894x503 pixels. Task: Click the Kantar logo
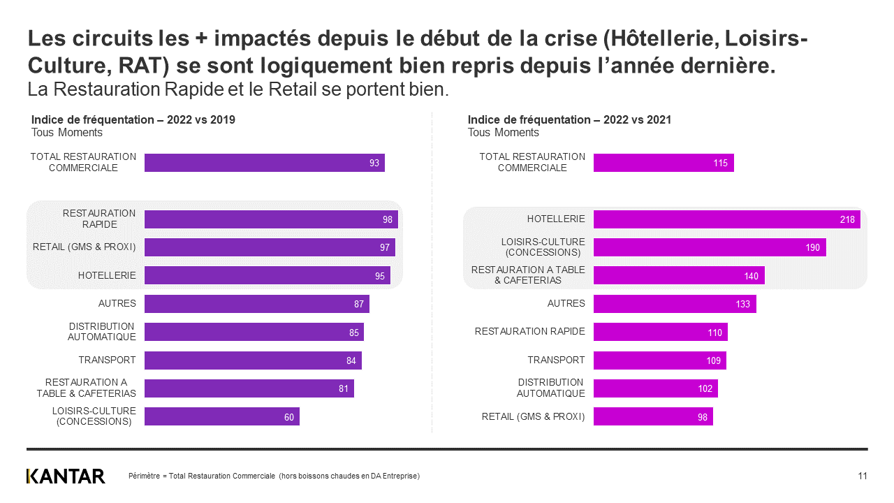point(66,476)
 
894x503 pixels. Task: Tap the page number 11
point(863,476)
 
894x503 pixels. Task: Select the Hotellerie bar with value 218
point(726,219)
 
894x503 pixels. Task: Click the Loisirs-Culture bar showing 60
point(221,416)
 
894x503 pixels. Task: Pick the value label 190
point(812,247)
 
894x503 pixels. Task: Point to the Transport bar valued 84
point(253,360)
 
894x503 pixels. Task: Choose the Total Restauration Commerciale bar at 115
point(663,163)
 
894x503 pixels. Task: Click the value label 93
point(374,163)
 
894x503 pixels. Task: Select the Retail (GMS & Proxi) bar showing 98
point(652,417)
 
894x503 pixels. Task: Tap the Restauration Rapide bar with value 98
point(270,219)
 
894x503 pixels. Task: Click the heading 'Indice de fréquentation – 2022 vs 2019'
point(133,120)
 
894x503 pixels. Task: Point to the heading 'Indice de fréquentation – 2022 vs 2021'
point(569,120)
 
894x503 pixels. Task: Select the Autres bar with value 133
point(674,304)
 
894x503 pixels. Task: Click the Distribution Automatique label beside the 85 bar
point(101,332)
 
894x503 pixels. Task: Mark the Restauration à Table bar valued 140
point(678,275)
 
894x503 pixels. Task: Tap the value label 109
point(714,360)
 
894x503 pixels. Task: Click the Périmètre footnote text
point(274,476)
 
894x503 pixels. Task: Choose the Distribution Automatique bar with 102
point(655,388)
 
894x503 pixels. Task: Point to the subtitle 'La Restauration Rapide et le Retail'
point(237,89)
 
